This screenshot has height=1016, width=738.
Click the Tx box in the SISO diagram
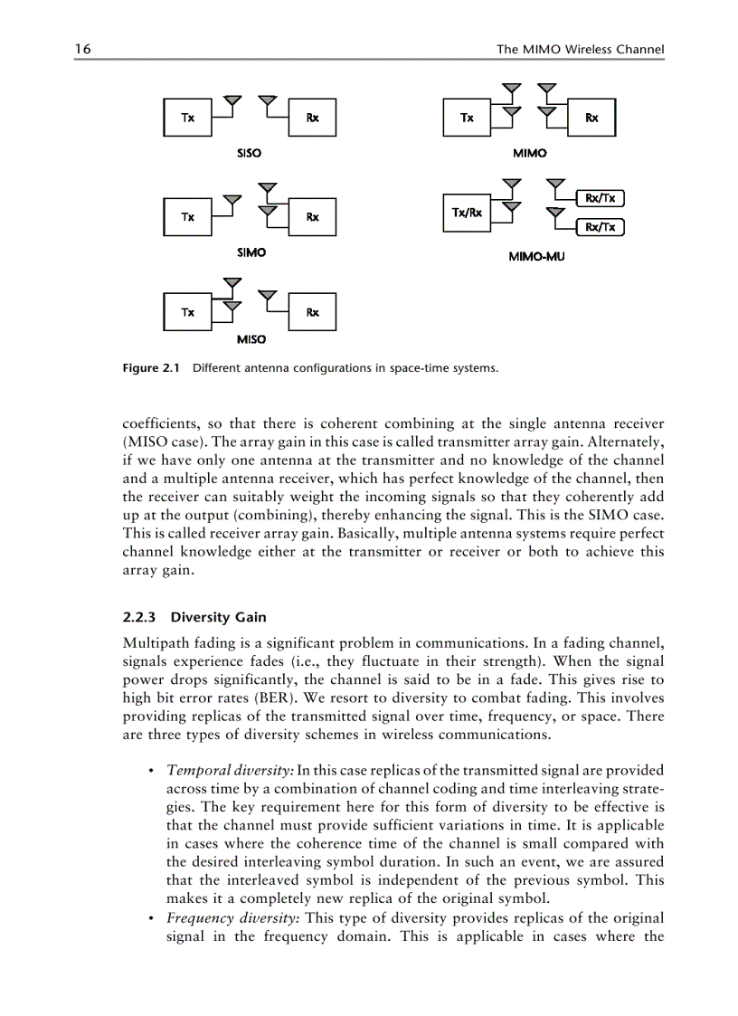[x=186, y=118]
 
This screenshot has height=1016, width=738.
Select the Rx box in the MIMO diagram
[x=591, y=118]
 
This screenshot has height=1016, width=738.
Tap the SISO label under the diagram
[x=249, y=153]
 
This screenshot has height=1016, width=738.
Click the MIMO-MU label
[x=536, y=257]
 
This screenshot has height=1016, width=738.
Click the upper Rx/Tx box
[x=600, y=198]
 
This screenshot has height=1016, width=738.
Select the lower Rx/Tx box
[x=600, y=227]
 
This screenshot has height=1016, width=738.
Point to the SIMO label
[x=251, y=252]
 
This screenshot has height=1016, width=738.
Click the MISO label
[x=251, y=339]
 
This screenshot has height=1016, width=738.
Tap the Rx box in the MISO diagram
[x=312, y=312]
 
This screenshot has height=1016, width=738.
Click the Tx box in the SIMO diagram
[x=186, y=217]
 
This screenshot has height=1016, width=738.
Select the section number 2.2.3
[x=139, y=618]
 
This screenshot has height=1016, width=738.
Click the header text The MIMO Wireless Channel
[x=580, y=49]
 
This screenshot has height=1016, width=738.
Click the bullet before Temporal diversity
[x=148, y=771]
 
